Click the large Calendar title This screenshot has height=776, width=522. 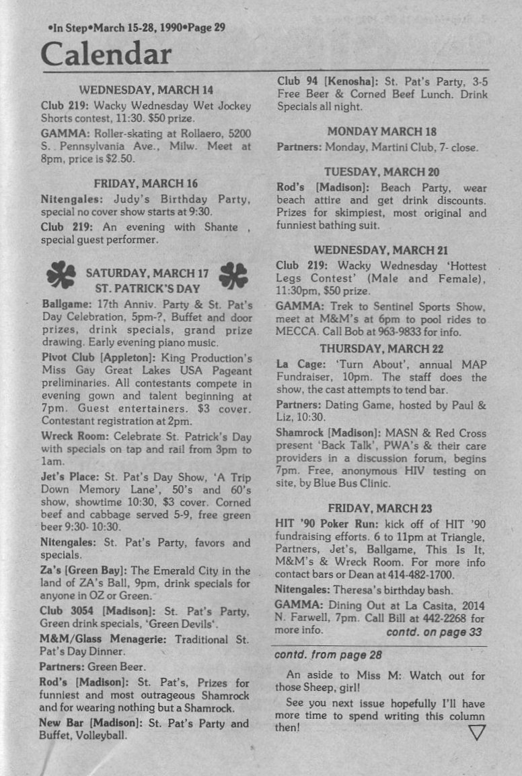(x=106, y=53)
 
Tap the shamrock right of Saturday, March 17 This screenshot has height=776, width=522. (x=233, y=274)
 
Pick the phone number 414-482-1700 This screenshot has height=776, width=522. (x=422, y=575)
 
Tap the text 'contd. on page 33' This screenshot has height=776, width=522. (x=434, y=632)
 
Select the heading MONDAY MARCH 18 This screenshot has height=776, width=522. (x=381, y=131)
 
